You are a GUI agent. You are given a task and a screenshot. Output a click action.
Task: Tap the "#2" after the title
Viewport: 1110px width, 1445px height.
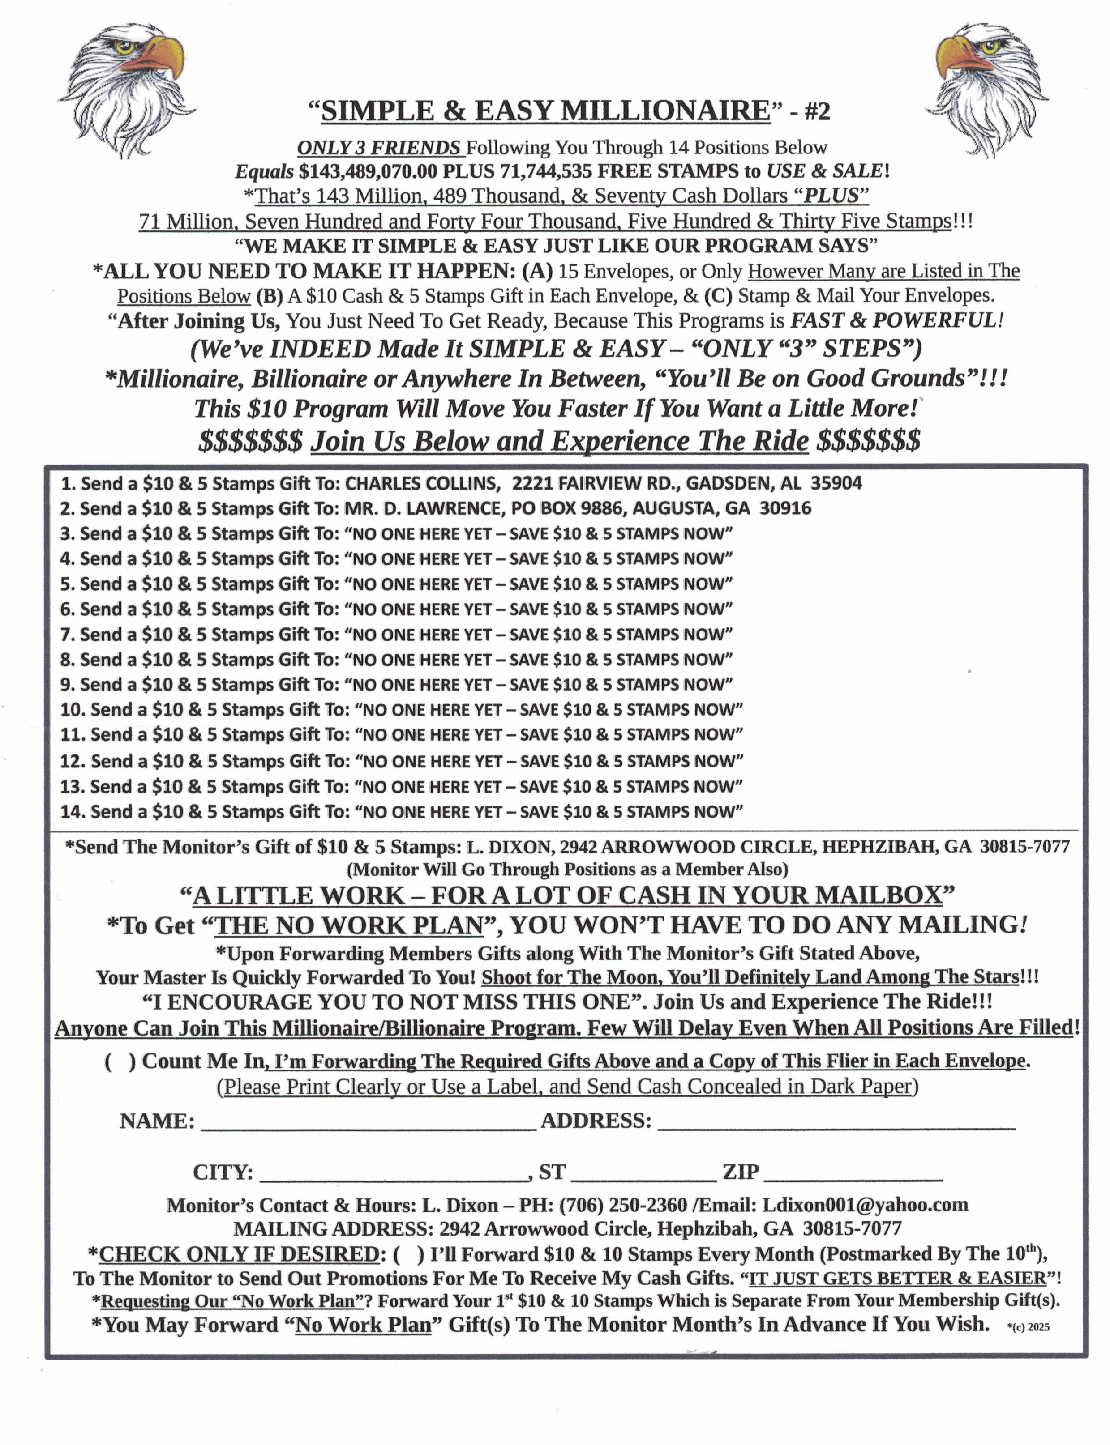coord(817,111)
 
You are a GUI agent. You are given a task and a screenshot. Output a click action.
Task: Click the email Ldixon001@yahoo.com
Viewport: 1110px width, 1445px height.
coord(865,1205)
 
